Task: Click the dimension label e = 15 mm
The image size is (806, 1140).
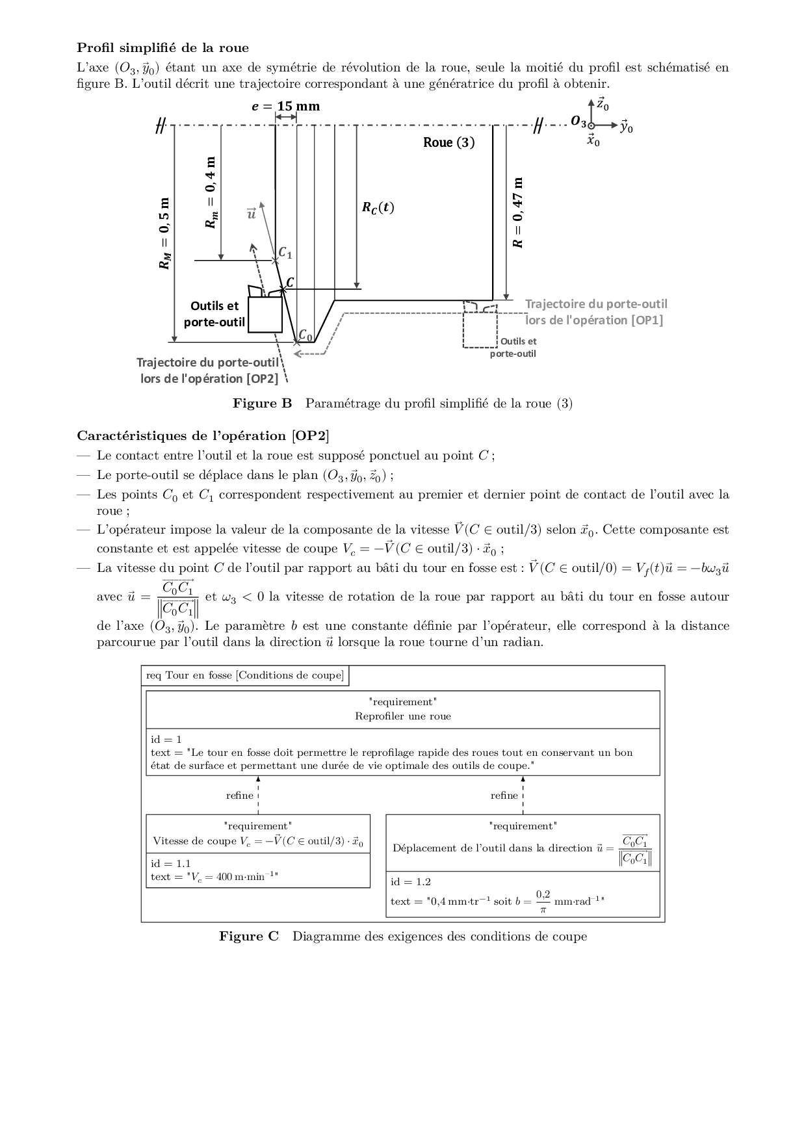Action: [286, 106]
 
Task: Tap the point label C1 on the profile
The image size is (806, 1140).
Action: [285, 253]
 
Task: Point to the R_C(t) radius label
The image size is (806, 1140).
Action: [378, 208]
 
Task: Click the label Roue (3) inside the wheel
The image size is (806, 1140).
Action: [448, 142]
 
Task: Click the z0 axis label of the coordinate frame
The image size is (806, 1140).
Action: [603, 104]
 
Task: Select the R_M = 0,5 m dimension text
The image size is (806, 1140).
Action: [166, 233]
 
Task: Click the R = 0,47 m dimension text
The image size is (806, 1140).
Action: [517, 212]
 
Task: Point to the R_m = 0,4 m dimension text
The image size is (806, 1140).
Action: [210, 192]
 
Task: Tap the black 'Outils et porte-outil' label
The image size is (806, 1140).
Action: [214, 313]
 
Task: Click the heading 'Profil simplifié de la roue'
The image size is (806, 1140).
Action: [162, 47]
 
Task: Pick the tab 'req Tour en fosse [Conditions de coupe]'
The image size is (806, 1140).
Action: [244, 675]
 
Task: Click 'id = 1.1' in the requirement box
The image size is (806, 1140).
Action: [171, 863]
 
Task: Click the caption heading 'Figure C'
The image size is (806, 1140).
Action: [249, 937]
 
